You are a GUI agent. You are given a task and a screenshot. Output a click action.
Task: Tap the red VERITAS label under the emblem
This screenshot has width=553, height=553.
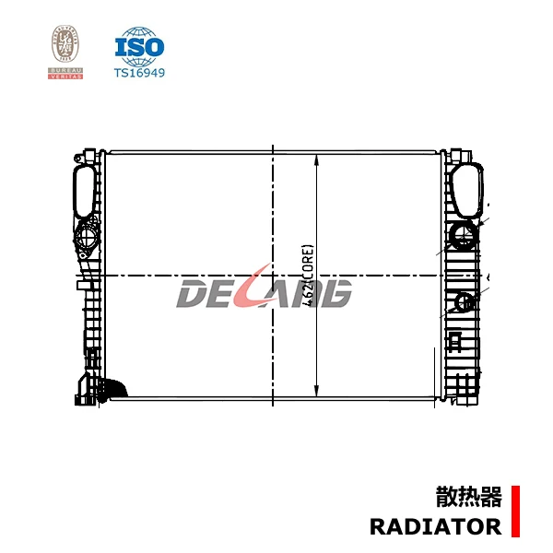click(x=65, y=76)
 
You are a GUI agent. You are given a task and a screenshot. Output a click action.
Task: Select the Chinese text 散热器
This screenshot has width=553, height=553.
click(x=468, y=499)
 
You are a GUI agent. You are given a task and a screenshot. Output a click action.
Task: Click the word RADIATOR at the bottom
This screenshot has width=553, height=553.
click(x=435, y=527)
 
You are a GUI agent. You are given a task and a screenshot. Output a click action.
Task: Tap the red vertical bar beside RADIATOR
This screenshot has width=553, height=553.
click(x=515, y=512)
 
